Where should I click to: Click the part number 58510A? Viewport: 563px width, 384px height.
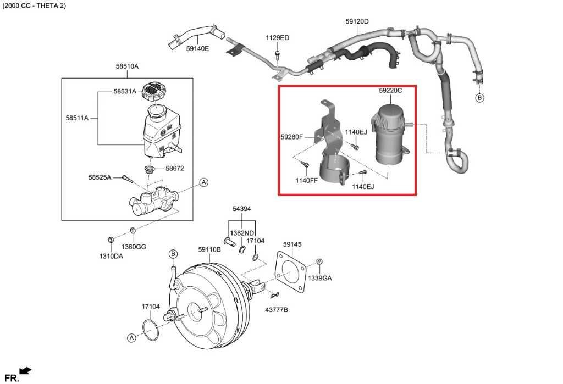(127, 66)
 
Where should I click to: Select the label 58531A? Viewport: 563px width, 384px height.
(125, 92)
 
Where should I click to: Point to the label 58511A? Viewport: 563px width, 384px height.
(77, 118)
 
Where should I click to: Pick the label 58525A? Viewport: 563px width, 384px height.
(100, 177)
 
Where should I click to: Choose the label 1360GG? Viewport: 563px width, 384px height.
(134, 247)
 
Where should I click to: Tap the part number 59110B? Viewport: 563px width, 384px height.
(209, 249)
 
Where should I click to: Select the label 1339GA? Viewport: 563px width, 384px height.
(319, 278)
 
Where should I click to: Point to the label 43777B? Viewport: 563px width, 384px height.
(277, 310)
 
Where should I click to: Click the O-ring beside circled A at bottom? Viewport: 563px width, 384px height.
(150, 328)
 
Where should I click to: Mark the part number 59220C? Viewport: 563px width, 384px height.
(390, 90)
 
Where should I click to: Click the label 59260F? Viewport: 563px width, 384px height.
(292, 136)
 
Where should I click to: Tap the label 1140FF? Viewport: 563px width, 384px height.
(306, 180)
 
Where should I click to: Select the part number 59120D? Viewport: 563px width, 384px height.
(357, 21)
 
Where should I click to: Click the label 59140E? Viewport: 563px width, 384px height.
(197, 48)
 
